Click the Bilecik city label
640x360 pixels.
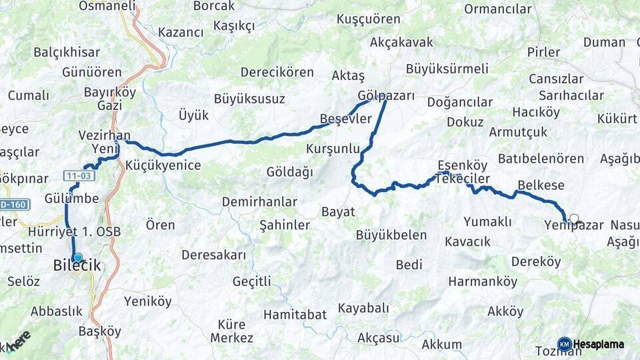[77, 266]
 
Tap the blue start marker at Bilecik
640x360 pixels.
[78, 257]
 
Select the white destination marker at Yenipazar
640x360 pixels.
[573, 217]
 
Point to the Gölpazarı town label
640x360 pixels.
[386, 95]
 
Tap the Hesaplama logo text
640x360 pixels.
[599, 344]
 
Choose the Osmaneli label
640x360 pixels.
[107, 6]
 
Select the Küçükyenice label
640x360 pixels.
[163, 165]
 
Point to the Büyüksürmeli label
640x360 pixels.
[447, 69]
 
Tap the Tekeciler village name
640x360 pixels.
[464, 179]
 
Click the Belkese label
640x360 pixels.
[541, 185]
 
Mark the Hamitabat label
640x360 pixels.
[295, 314]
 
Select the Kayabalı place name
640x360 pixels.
[363, 308]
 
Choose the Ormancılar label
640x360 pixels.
[497, 9]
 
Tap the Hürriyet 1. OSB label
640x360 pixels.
[75, 232]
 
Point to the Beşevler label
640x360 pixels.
[345, 119]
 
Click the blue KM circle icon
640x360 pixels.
[564, 344]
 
